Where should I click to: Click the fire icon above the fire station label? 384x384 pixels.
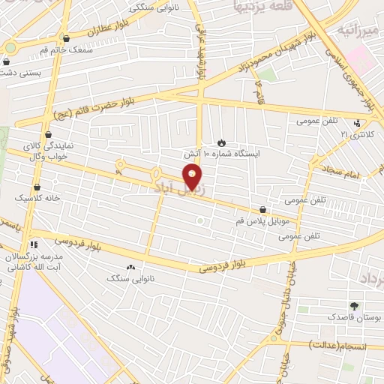221,141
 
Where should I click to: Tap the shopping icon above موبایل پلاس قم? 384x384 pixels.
262,211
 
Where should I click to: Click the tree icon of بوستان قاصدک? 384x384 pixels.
353,306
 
